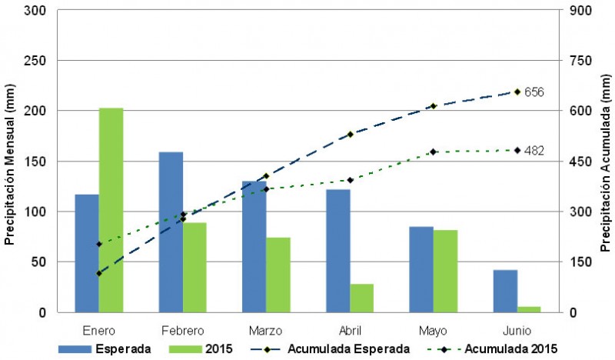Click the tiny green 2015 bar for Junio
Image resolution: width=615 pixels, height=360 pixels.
529,309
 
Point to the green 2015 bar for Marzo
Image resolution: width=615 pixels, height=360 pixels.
278,275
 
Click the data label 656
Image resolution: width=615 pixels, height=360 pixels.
534,92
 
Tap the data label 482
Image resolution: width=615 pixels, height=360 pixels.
534,151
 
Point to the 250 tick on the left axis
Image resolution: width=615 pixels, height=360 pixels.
35,61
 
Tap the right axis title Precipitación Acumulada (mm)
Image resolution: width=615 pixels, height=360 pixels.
605,163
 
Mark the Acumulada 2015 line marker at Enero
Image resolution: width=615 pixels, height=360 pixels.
99,245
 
